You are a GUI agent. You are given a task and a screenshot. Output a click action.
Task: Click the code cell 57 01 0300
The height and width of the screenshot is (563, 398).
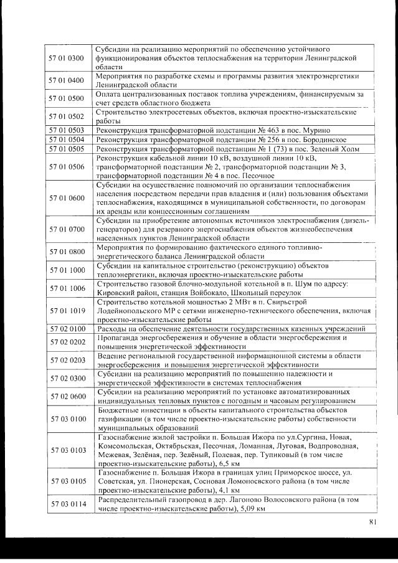click(66, 58)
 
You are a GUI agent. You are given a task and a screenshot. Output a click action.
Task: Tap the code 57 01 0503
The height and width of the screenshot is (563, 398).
click(66, 131)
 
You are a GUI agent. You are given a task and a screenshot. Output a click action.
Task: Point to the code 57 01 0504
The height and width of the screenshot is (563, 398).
click(66, 140)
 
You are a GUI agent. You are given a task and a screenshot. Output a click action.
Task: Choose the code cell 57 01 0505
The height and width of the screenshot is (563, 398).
click(66, 149)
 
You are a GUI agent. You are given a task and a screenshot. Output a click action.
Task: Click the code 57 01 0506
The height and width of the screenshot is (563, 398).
click(66, 167)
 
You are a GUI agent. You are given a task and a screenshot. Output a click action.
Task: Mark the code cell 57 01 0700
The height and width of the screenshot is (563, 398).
click(66, 229)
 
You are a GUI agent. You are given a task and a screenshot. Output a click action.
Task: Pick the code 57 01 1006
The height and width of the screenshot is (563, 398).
click(66, 288)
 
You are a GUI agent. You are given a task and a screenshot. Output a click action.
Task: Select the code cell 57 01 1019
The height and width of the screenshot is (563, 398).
click(66, 310)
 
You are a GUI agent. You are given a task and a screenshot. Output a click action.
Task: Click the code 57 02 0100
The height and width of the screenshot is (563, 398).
click(66, 328)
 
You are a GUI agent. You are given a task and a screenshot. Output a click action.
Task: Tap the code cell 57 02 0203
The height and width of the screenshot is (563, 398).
click(66, 360)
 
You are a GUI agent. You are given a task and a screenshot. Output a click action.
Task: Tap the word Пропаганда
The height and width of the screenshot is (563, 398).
click(118, 338)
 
